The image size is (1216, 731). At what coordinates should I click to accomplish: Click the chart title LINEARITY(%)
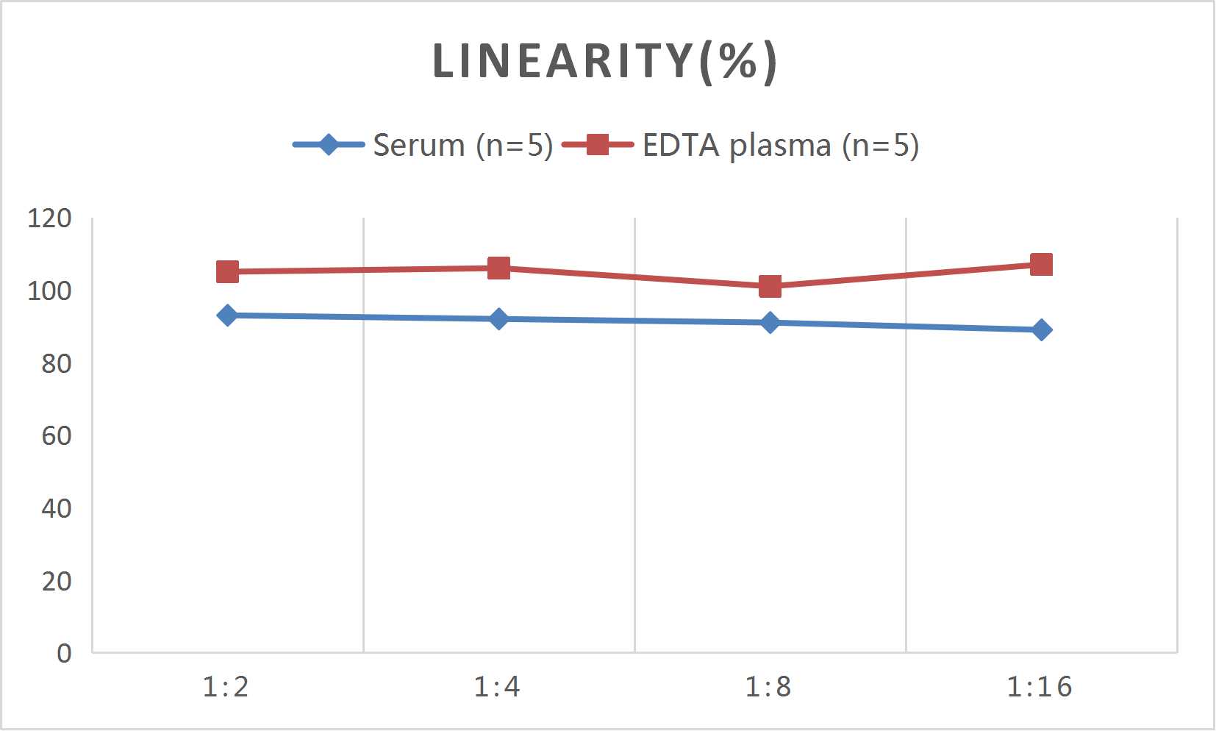tap(604, 61)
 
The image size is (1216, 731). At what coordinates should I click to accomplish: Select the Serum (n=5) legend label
tap(462, 145)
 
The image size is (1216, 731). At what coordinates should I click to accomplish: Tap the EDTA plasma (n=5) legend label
tap(780, 145)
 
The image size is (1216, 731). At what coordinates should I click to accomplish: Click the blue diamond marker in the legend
tap(329, 145)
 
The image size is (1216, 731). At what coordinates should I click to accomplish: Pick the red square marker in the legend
tap(598, 145)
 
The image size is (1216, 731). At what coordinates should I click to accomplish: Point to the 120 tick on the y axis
tap(49, 218)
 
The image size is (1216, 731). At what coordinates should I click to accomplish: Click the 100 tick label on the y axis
tap(49, 291)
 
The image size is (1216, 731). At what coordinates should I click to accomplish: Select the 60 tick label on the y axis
tap(56, 436)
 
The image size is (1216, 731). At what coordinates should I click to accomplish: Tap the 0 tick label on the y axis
tap(64, 653)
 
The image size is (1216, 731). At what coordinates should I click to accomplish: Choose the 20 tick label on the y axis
tap(56, 581)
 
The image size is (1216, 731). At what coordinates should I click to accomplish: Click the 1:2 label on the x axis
tap(226, 687)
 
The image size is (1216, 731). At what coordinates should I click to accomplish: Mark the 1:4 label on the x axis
tap(497, 687)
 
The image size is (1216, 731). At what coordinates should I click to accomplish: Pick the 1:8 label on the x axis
tap(768, 687)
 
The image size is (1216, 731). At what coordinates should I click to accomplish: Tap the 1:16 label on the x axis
tap(1040, 687)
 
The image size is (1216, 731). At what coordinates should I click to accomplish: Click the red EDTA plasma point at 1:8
tap(770, 286)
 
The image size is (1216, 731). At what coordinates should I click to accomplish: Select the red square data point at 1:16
tap(1041, 265)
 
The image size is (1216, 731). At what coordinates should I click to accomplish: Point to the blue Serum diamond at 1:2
tap(227, 315)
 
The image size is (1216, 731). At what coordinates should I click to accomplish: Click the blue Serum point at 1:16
tap(1041, 330)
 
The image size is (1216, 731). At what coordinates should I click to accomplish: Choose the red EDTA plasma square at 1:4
tap(498, 268)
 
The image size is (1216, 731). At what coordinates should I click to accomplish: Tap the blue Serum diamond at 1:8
tap(770, 323)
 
